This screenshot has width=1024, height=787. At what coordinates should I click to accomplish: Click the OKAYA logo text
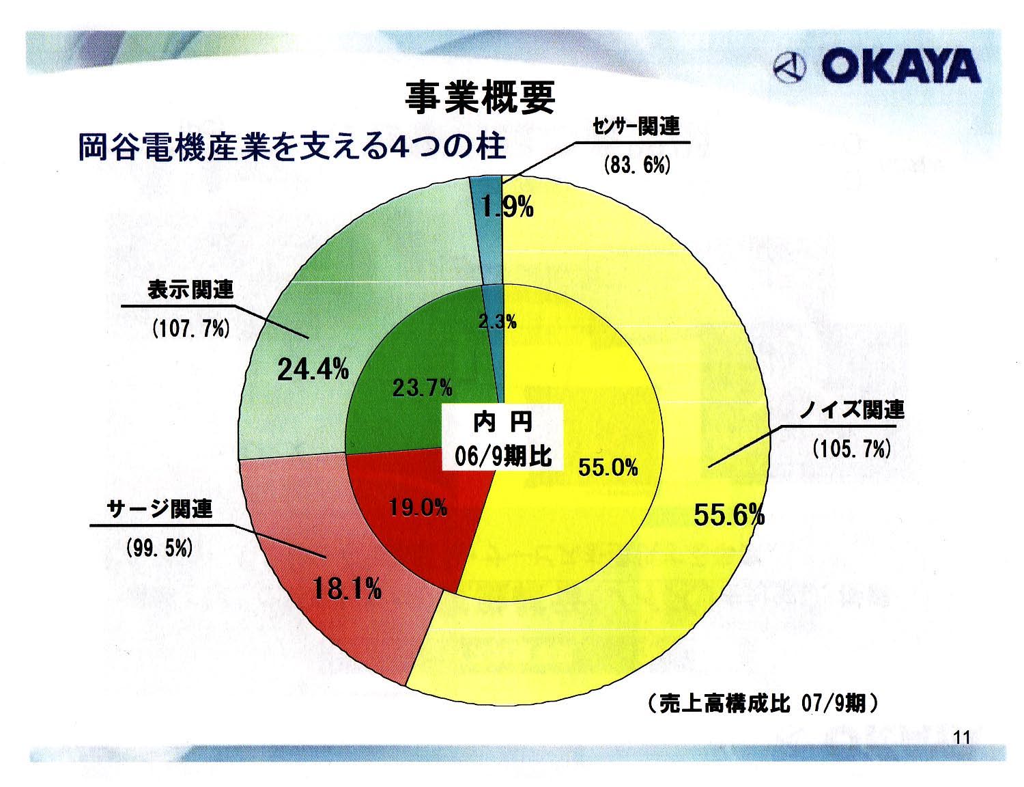900,67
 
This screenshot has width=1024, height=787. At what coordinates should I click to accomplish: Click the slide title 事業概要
480,98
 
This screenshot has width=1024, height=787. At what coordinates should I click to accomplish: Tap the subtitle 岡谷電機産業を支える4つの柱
291,147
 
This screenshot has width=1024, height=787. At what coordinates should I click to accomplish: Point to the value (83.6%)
637,166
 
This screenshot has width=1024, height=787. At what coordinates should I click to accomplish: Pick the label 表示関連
190,290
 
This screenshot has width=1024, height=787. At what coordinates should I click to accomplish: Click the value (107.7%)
190,329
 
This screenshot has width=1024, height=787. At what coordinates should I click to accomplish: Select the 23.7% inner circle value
422,388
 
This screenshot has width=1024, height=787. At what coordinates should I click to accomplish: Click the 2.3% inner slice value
497,321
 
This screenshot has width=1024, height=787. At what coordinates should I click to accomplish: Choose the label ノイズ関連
852,409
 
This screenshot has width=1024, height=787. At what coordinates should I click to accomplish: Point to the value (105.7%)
851,449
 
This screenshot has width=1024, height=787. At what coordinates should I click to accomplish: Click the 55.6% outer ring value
729,515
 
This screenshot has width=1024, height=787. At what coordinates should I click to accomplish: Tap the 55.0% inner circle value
608,467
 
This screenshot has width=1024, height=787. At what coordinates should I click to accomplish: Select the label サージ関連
161,509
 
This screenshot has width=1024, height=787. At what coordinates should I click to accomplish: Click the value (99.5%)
159,548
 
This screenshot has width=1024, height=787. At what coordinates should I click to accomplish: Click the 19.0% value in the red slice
418,507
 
